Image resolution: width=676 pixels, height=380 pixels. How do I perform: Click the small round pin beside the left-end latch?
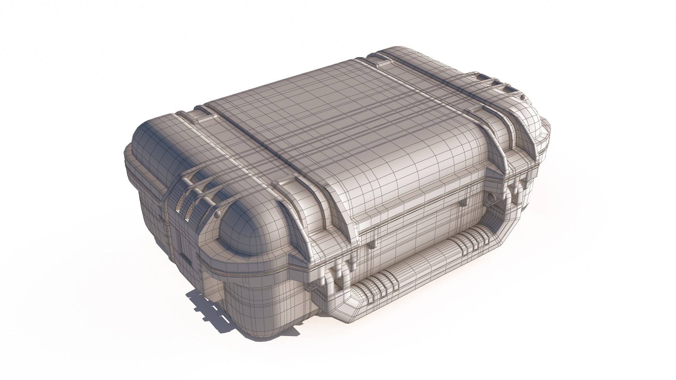pyautogui.click(x=217, y=213)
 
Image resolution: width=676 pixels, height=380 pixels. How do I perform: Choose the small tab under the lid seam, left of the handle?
pyautogui.click(x=373, y=243)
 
